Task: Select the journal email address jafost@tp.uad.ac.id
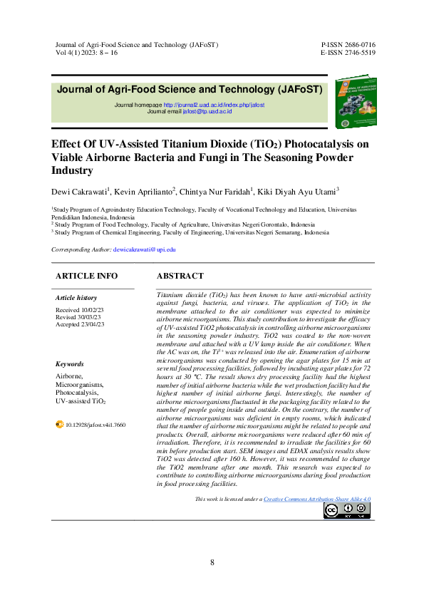point(207,111)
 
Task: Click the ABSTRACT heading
point(180,276)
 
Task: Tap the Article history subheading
point(76,298)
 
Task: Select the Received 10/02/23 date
point(80,310)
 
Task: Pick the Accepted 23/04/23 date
point(80,324)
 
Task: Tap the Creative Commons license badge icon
point(346,510)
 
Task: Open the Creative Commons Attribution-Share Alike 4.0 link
point(317,500)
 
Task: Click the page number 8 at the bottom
point(212,563)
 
